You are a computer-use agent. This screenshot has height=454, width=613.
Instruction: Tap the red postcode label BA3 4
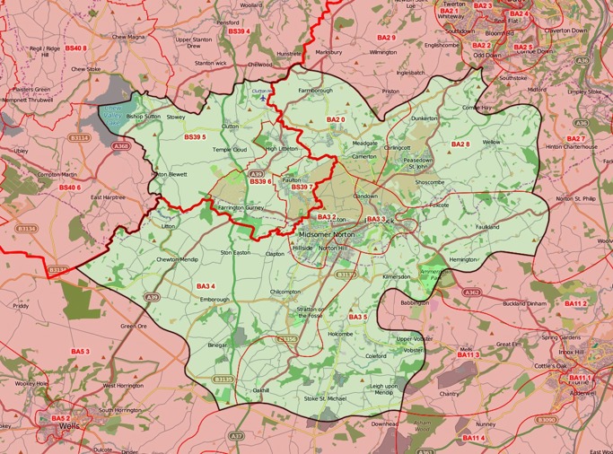(206, 286)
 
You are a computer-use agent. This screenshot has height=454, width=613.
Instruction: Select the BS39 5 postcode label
(195, 136)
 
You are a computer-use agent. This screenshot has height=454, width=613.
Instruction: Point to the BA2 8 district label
(460, 144)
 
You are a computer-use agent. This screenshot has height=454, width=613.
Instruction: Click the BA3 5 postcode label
(358, 317)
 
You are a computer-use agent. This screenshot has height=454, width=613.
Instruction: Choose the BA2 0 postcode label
(336, 119)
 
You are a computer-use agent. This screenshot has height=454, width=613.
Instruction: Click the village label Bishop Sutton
(144, 117)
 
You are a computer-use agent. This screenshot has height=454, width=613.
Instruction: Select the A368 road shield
(121, 145)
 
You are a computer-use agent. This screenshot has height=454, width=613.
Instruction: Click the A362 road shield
(471, 292)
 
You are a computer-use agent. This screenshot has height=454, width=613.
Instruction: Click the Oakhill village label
(261, 390)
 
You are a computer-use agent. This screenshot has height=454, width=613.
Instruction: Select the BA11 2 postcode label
(575, 303)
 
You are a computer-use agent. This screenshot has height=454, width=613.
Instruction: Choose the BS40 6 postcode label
(70, 188)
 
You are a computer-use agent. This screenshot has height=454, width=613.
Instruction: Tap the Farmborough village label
(315, 91)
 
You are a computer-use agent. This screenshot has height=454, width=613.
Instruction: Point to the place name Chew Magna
(127, 37)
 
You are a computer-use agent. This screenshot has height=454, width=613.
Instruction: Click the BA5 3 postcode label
(80, 351)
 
